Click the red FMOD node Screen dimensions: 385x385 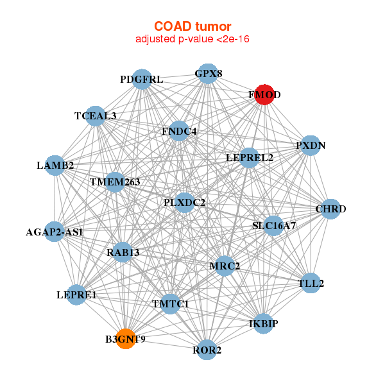[264, 95]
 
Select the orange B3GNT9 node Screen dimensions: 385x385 [126, 339]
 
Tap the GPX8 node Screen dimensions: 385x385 [208, 74]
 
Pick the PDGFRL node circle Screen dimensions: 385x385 [142, 80]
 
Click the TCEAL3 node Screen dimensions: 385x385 [95, 116]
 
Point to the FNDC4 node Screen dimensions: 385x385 [179, 131]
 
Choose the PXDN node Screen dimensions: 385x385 [311, 146]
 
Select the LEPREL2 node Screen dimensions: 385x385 [249, 158]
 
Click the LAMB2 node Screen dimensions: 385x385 [55, 166]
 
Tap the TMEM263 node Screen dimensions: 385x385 [115, 182]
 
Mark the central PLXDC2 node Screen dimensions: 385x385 [184, 203]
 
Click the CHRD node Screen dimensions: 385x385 [330, 209]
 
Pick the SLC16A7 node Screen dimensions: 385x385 [273, 226]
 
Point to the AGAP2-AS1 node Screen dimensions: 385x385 [55, 232]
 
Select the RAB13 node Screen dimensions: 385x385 [123, 252]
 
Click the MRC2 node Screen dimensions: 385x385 [225, 266]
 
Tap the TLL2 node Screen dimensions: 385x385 [311, 283]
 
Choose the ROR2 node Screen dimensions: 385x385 [207, 350]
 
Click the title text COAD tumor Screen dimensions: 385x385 [193, 26]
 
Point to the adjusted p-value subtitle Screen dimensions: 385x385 [193, 39]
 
